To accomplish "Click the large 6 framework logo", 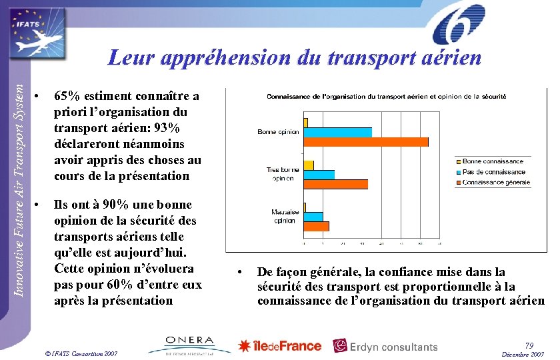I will tap(458, 25).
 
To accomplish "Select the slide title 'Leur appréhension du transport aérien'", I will tap(295, 58).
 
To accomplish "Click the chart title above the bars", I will tap(386, 97).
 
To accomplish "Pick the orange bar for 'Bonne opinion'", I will tap(365, 142).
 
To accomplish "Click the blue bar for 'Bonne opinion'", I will tap(337, 132).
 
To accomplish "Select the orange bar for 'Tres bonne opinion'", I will tap(335, 184).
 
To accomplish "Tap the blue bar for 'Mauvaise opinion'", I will tap(313, 217).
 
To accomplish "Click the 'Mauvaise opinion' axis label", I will tap(285, 217).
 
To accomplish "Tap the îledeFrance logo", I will tap(280, 346).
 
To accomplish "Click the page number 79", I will tap(529, 345).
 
